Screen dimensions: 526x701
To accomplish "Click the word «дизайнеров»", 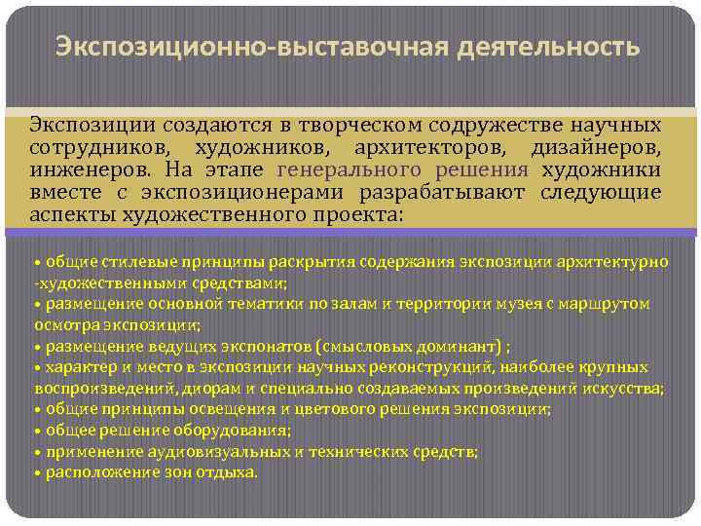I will pyautogui.click(x=596, y=147).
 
